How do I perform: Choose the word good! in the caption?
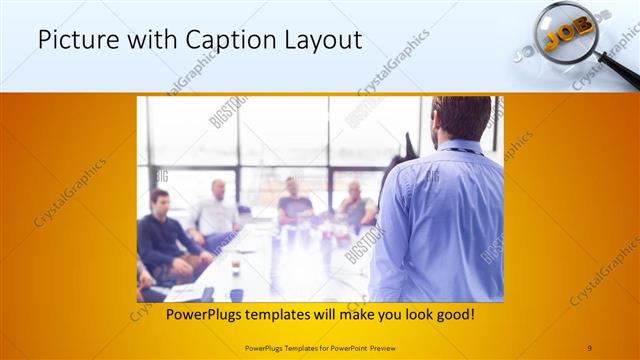coord(453,315)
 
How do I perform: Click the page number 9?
coord(589,347)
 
